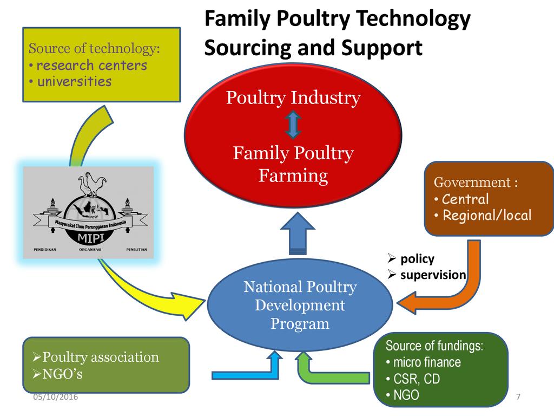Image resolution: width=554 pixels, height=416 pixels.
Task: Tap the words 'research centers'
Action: (x=91, y=66)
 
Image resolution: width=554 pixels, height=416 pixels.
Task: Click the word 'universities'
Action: (x=74, y=82)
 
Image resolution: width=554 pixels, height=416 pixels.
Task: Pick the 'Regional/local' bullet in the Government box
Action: (x=486, y=215)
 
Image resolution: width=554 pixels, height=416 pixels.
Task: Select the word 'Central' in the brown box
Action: (x=465, y=199)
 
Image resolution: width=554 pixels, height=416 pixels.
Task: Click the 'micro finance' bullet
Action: (x=427, y=362)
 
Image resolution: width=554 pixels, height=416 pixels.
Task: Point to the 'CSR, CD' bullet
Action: (x=416, y=379)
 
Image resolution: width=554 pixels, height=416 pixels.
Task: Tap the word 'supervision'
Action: (x=433, y=275)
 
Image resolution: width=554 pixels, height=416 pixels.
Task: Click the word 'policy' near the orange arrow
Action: (x=417, y=258)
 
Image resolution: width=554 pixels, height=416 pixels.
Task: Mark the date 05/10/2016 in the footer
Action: (x=56, y=397)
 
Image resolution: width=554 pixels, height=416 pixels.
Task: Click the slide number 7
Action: (x=518, y=397)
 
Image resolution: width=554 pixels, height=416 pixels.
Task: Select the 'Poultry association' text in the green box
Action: (x=101, y=357)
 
